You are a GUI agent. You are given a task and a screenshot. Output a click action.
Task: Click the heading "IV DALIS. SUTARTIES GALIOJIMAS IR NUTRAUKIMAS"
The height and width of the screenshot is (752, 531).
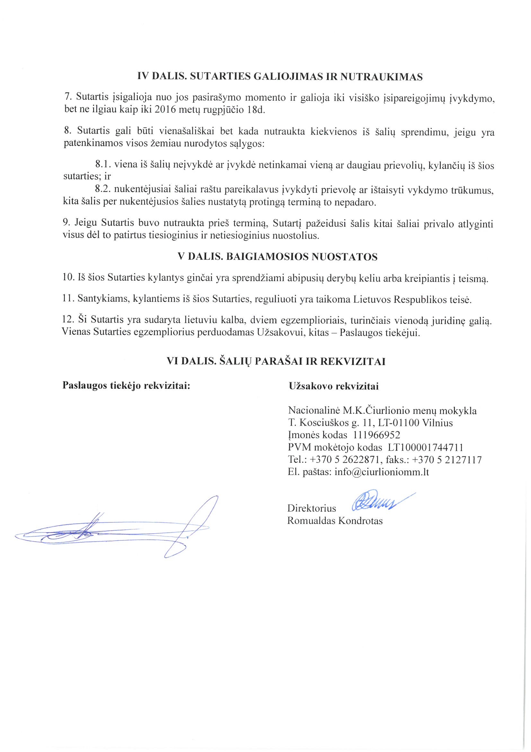point(280,77)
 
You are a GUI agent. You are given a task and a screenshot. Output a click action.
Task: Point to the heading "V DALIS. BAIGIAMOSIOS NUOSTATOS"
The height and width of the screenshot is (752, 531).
point(277,257)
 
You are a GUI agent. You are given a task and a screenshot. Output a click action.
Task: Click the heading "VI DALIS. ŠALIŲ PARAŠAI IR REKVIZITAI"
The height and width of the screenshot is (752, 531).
point(276,362)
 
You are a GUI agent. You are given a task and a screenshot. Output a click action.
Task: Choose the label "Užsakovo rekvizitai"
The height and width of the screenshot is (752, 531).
point(333,387)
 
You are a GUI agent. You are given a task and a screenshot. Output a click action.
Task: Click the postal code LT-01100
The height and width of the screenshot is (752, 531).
point(398,423)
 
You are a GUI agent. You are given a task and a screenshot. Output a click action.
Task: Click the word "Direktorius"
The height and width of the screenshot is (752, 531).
point(312,508)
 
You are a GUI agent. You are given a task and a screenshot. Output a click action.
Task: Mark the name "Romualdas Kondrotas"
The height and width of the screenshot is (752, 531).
point(335,521)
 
